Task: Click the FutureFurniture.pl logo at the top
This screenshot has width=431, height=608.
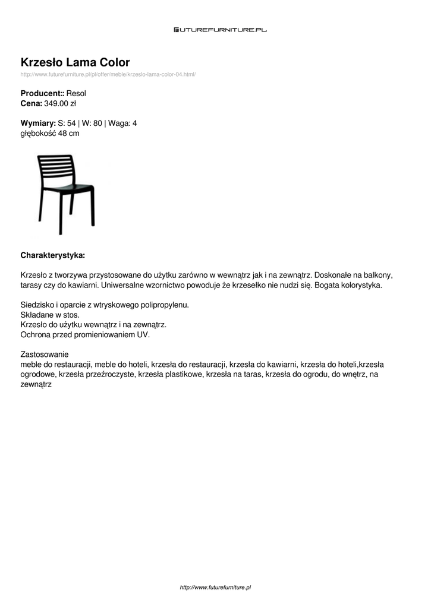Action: coord(220,29)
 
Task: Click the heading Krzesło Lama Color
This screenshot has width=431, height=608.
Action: coord(75,62)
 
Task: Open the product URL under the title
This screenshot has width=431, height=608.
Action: coord(108,74)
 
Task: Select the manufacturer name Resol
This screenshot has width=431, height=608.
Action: coord(77,94)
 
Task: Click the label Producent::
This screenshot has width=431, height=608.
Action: coord(42,94)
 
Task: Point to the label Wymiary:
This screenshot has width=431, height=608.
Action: coord(38,123)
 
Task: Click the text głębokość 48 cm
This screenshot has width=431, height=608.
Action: coord(50,133)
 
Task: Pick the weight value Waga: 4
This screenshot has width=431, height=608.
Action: coord(122,123)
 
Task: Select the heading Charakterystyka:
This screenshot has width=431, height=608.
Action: coord(53,255)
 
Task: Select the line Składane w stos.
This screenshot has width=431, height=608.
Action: coord(50,315)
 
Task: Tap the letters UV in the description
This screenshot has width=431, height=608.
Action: coord(143,334)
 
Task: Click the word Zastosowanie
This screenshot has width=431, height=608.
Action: coord(45,354)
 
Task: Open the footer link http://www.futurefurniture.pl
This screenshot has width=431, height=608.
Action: coord(215,587)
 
